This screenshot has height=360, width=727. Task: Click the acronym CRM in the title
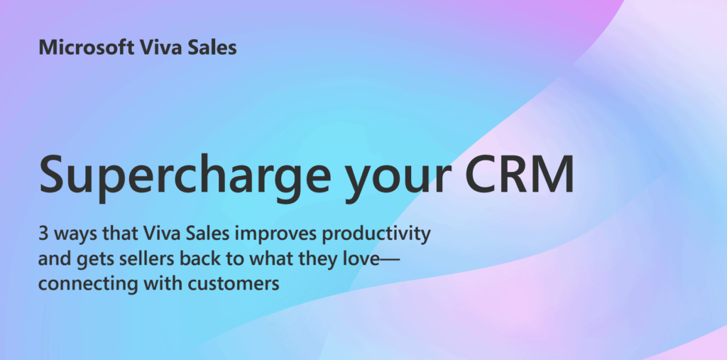[x=519, y=173]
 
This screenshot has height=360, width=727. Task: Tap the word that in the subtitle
[x=119, y=235]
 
